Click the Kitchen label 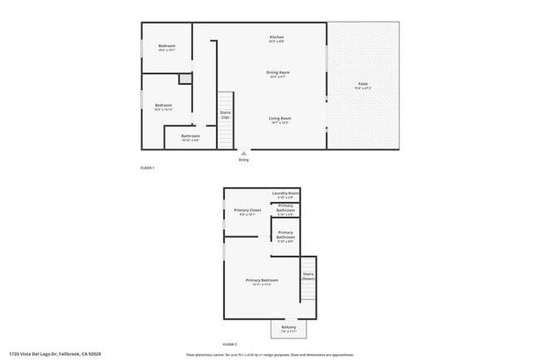coord(277,37)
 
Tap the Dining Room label coord(277,72)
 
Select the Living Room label coord(279,118)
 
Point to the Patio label coord(363,84)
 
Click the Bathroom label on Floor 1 coord(191,136)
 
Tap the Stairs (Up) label coord(225,115)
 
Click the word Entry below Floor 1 coord(243,160)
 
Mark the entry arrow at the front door coord(243,153)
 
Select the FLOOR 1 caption coord(147,168)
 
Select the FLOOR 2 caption coord(230,343)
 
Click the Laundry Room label coord(285,193)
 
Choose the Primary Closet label coord(248,210)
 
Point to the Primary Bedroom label coord(262,280)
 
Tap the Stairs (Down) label coord(308,276)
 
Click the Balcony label coord(289,327)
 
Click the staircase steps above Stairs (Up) coord(225,101)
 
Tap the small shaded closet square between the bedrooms coord(184,79)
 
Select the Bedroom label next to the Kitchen coord(166,46)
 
